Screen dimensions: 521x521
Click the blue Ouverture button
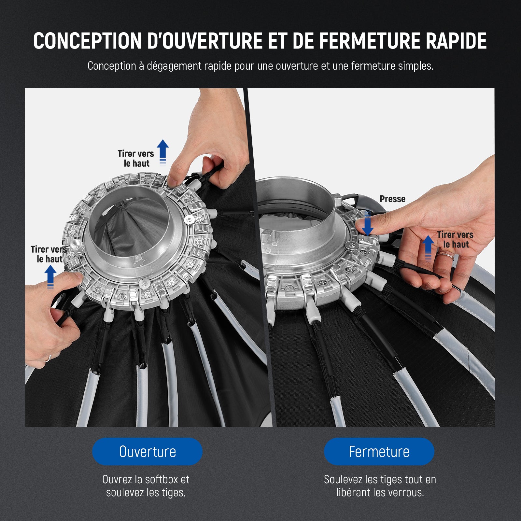(147, 451)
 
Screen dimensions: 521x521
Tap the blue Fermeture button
(379, 451)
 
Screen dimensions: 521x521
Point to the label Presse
(392, 199)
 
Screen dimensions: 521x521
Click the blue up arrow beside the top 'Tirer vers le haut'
(163, 152)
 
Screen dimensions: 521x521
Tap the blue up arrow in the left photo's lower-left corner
(50, 277)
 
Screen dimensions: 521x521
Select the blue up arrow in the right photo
(428, 247)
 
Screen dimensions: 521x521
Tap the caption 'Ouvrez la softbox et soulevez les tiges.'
(146, 486)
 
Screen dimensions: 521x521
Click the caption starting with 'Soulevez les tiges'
(380, 486)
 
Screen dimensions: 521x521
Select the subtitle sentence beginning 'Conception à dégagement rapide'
(260, 66)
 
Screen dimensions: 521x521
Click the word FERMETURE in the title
(369, 41)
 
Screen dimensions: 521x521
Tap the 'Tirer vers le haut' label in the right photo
(455, 239)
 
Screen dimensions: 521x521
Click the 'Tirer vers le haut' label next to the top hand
(136, 158)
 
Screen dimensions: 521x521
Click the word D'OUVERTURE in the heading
(205, 41)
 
